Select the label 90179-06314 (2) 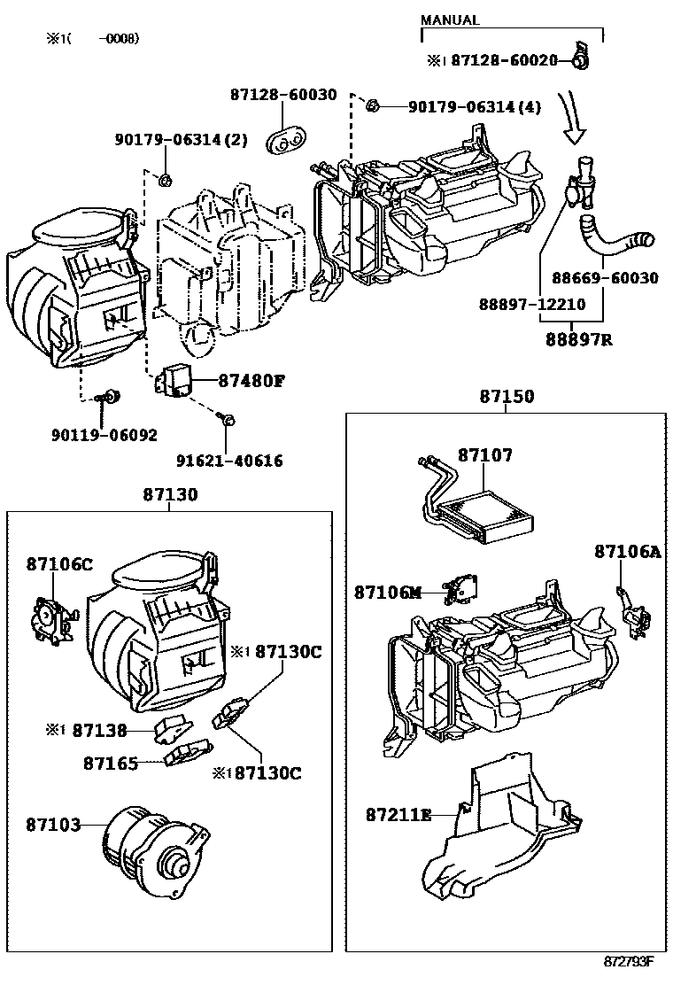coord(182,140)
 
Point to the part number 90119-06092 coord(104,435)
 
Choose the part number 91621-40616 coord(229,461)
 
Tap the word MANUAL coord(450,20)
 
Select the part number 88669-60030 coord(605,278)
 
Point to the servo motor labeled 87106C coord(51,617)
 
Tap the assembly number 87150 coord(507,397)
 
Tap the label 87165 coord(111,763)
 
